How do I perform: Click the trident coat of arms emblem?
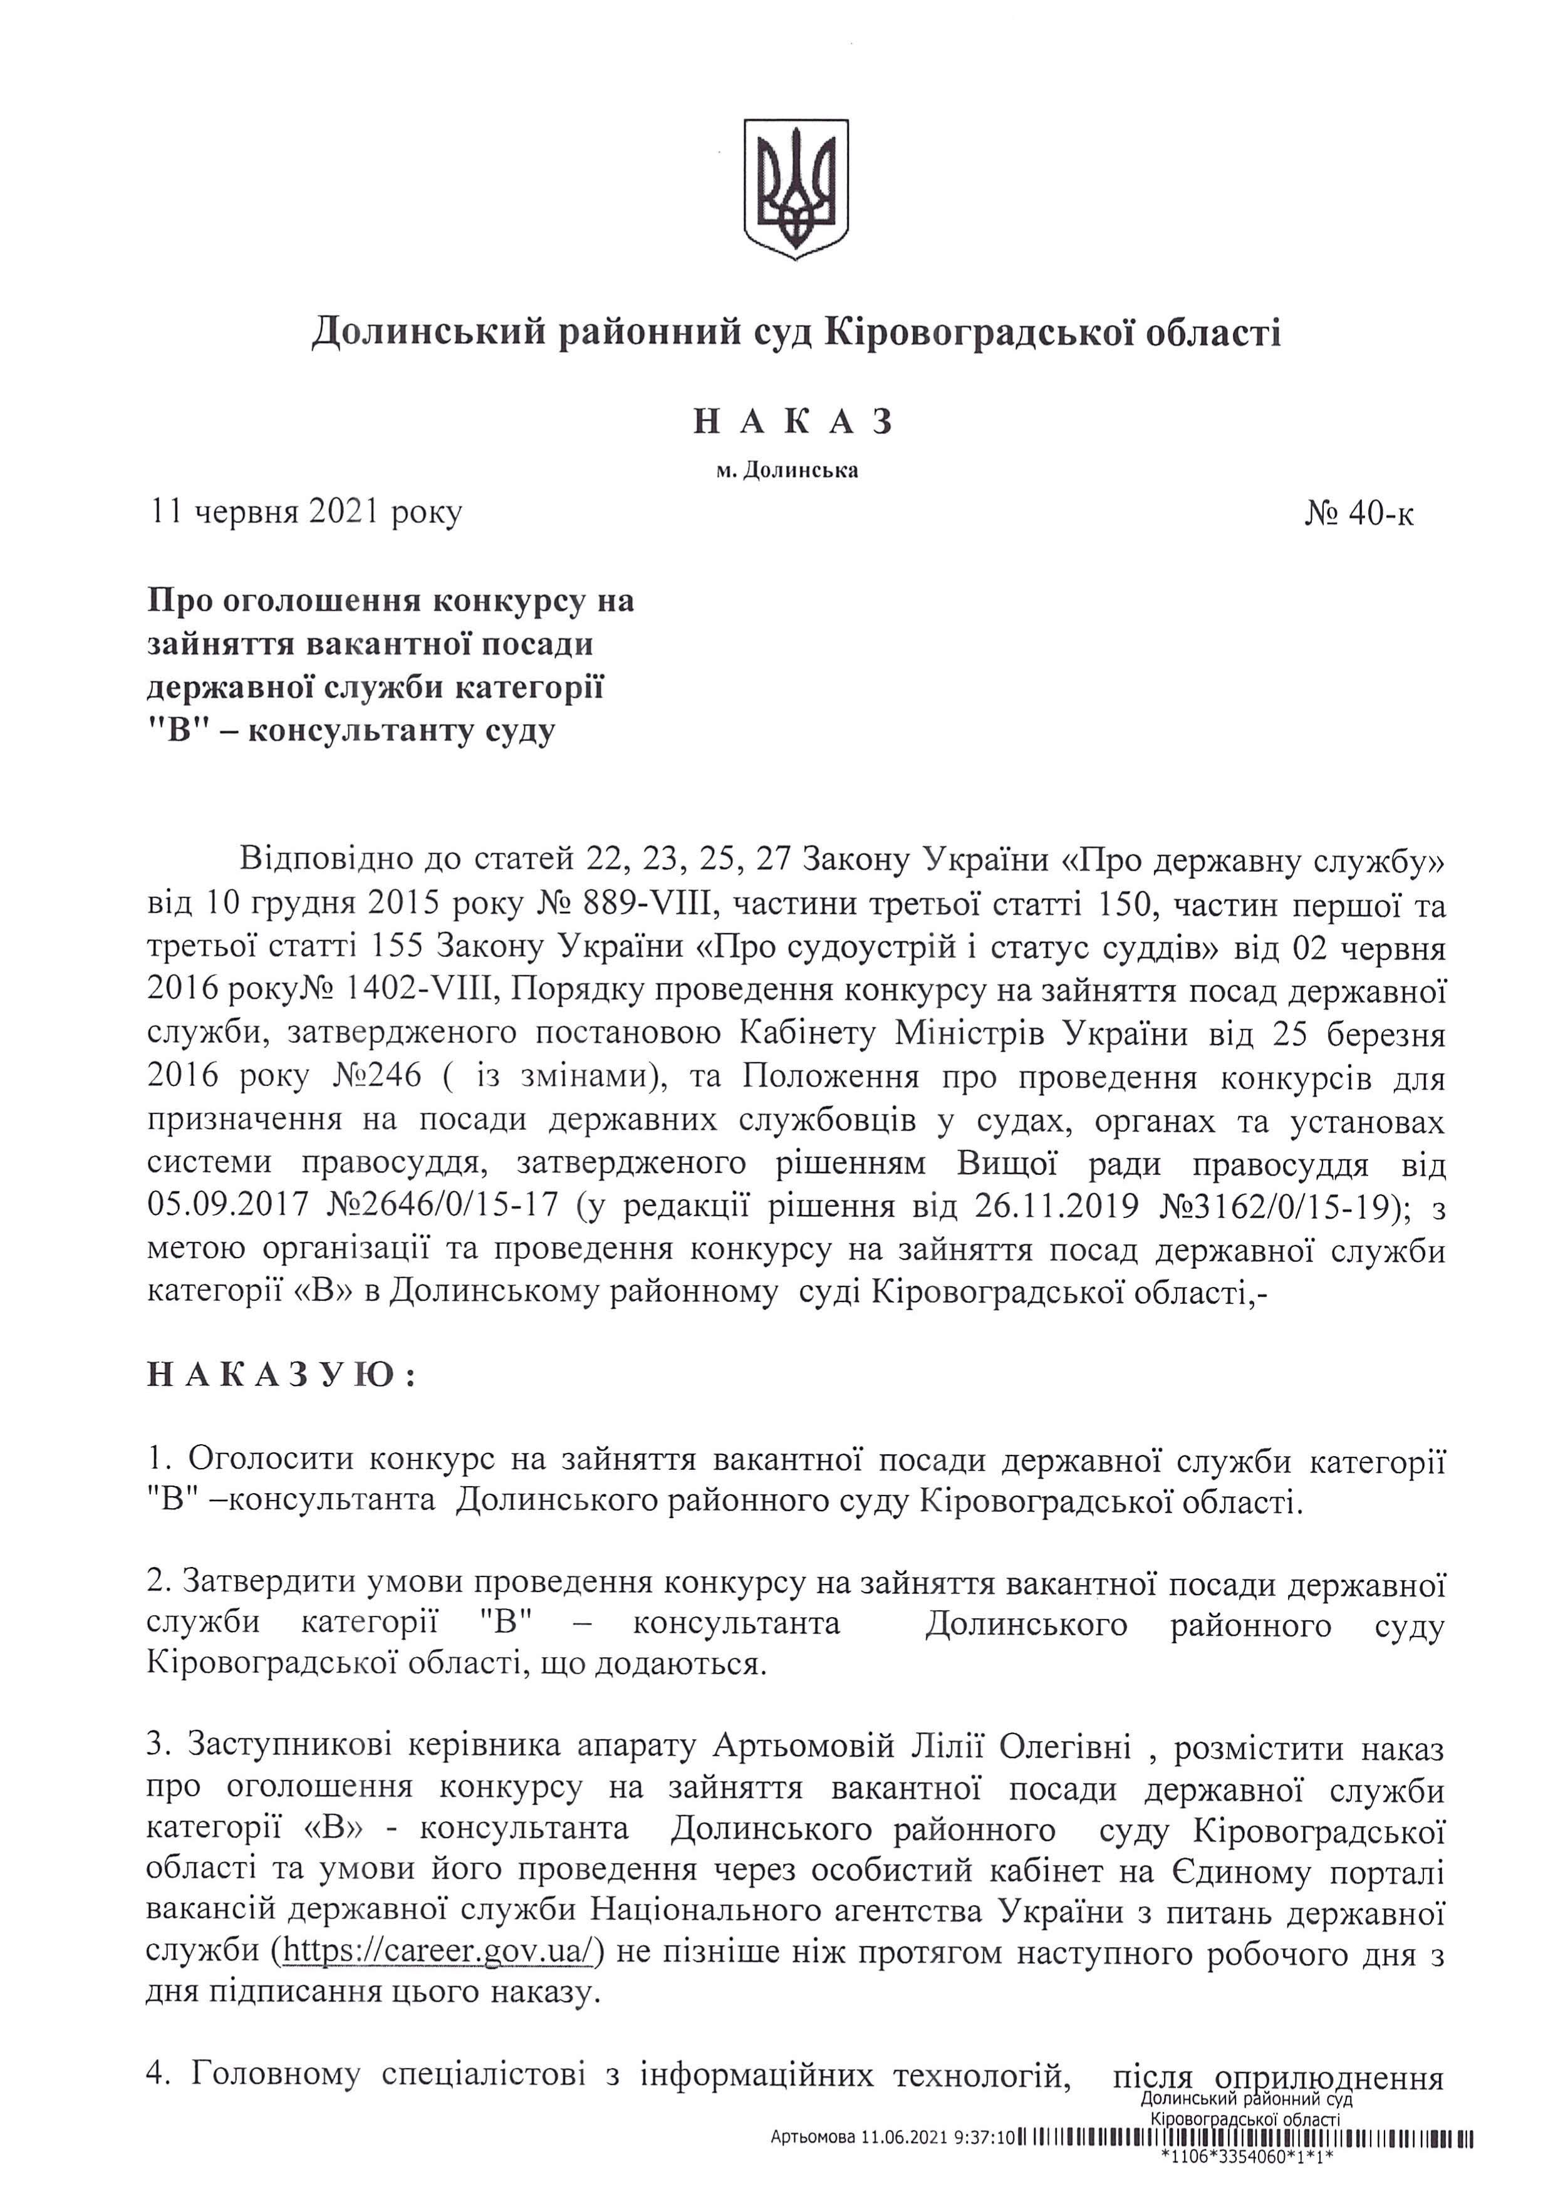pyautogui.click(x=796, y=189)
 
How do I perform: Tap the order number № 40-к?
pyautogui.click(x=1359, y=515)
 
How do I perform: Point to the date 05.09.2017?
pyautogui.click(x=228, y=1205)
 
